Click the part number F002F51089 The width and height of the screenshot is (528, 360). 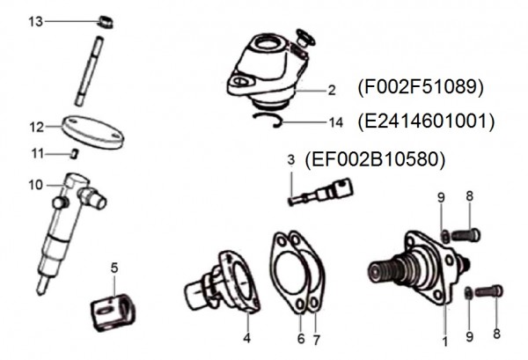click(x=422, y=89)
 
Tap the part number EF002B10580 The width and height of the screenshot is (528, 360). click(x=374, y=160)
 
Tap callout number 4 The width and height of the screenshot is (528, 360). click(x=247, y=336)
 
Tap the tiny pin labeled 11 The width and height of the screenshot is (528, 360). click(x=76, y=153)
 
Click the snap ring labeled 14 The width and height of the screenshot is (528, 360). click(x=264, y=119)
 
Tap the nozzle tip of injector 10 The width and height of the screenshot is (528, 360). click(x=41, y=286)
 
